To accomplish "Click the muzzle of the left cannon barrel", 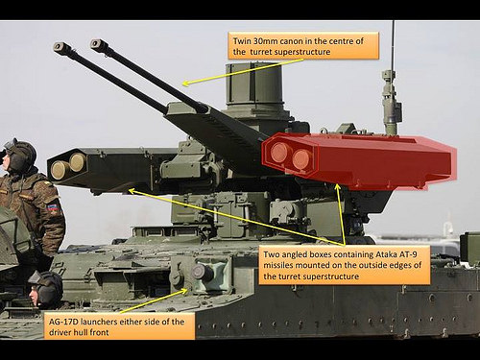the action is (60, 47).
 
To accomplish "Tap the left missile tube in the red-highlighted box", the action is (278, 152).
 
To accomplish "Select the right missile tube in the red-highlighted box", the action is (301, 158).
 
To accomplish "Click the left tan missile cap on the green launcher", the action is (60, 170).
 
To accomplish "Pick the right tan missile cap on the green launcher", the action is (78, 161).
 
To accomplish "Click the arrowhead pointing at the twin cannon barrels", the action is (185, 84).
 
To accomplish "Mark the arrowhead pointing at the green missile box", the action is (132, 191).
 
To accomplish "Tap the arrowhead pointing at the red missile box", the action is (337, 187).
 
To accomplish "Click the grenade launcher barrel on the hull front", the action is (202, 273).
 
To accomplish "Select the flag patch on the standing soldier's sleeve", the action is (53, 208).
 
